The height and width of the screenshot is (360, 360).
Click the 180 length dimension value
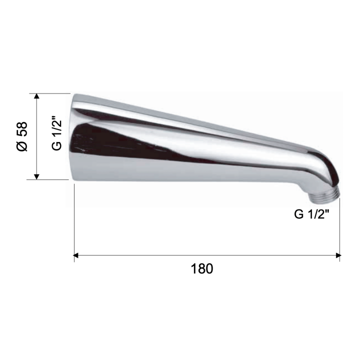point(202,268)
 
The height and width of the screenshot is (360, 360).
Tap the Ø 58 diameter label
point(22,136)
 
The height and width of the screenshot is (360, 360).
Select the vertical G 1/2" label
point(56,133)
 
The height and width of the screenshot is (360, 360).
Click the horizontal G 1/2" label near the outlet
point(311,214)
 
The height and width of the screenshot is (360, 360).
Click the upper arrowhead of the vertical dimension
point(36,96)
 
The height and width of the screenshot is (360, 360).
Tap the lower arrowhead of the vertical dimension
point(36,177)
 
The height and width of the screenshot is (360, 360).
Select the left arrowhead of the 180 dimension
point(76,255)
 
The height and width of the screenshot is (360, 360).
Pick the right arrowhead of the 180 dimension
point(338,255)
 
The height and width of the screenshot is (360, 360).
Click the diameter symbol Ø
point(22,146)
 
